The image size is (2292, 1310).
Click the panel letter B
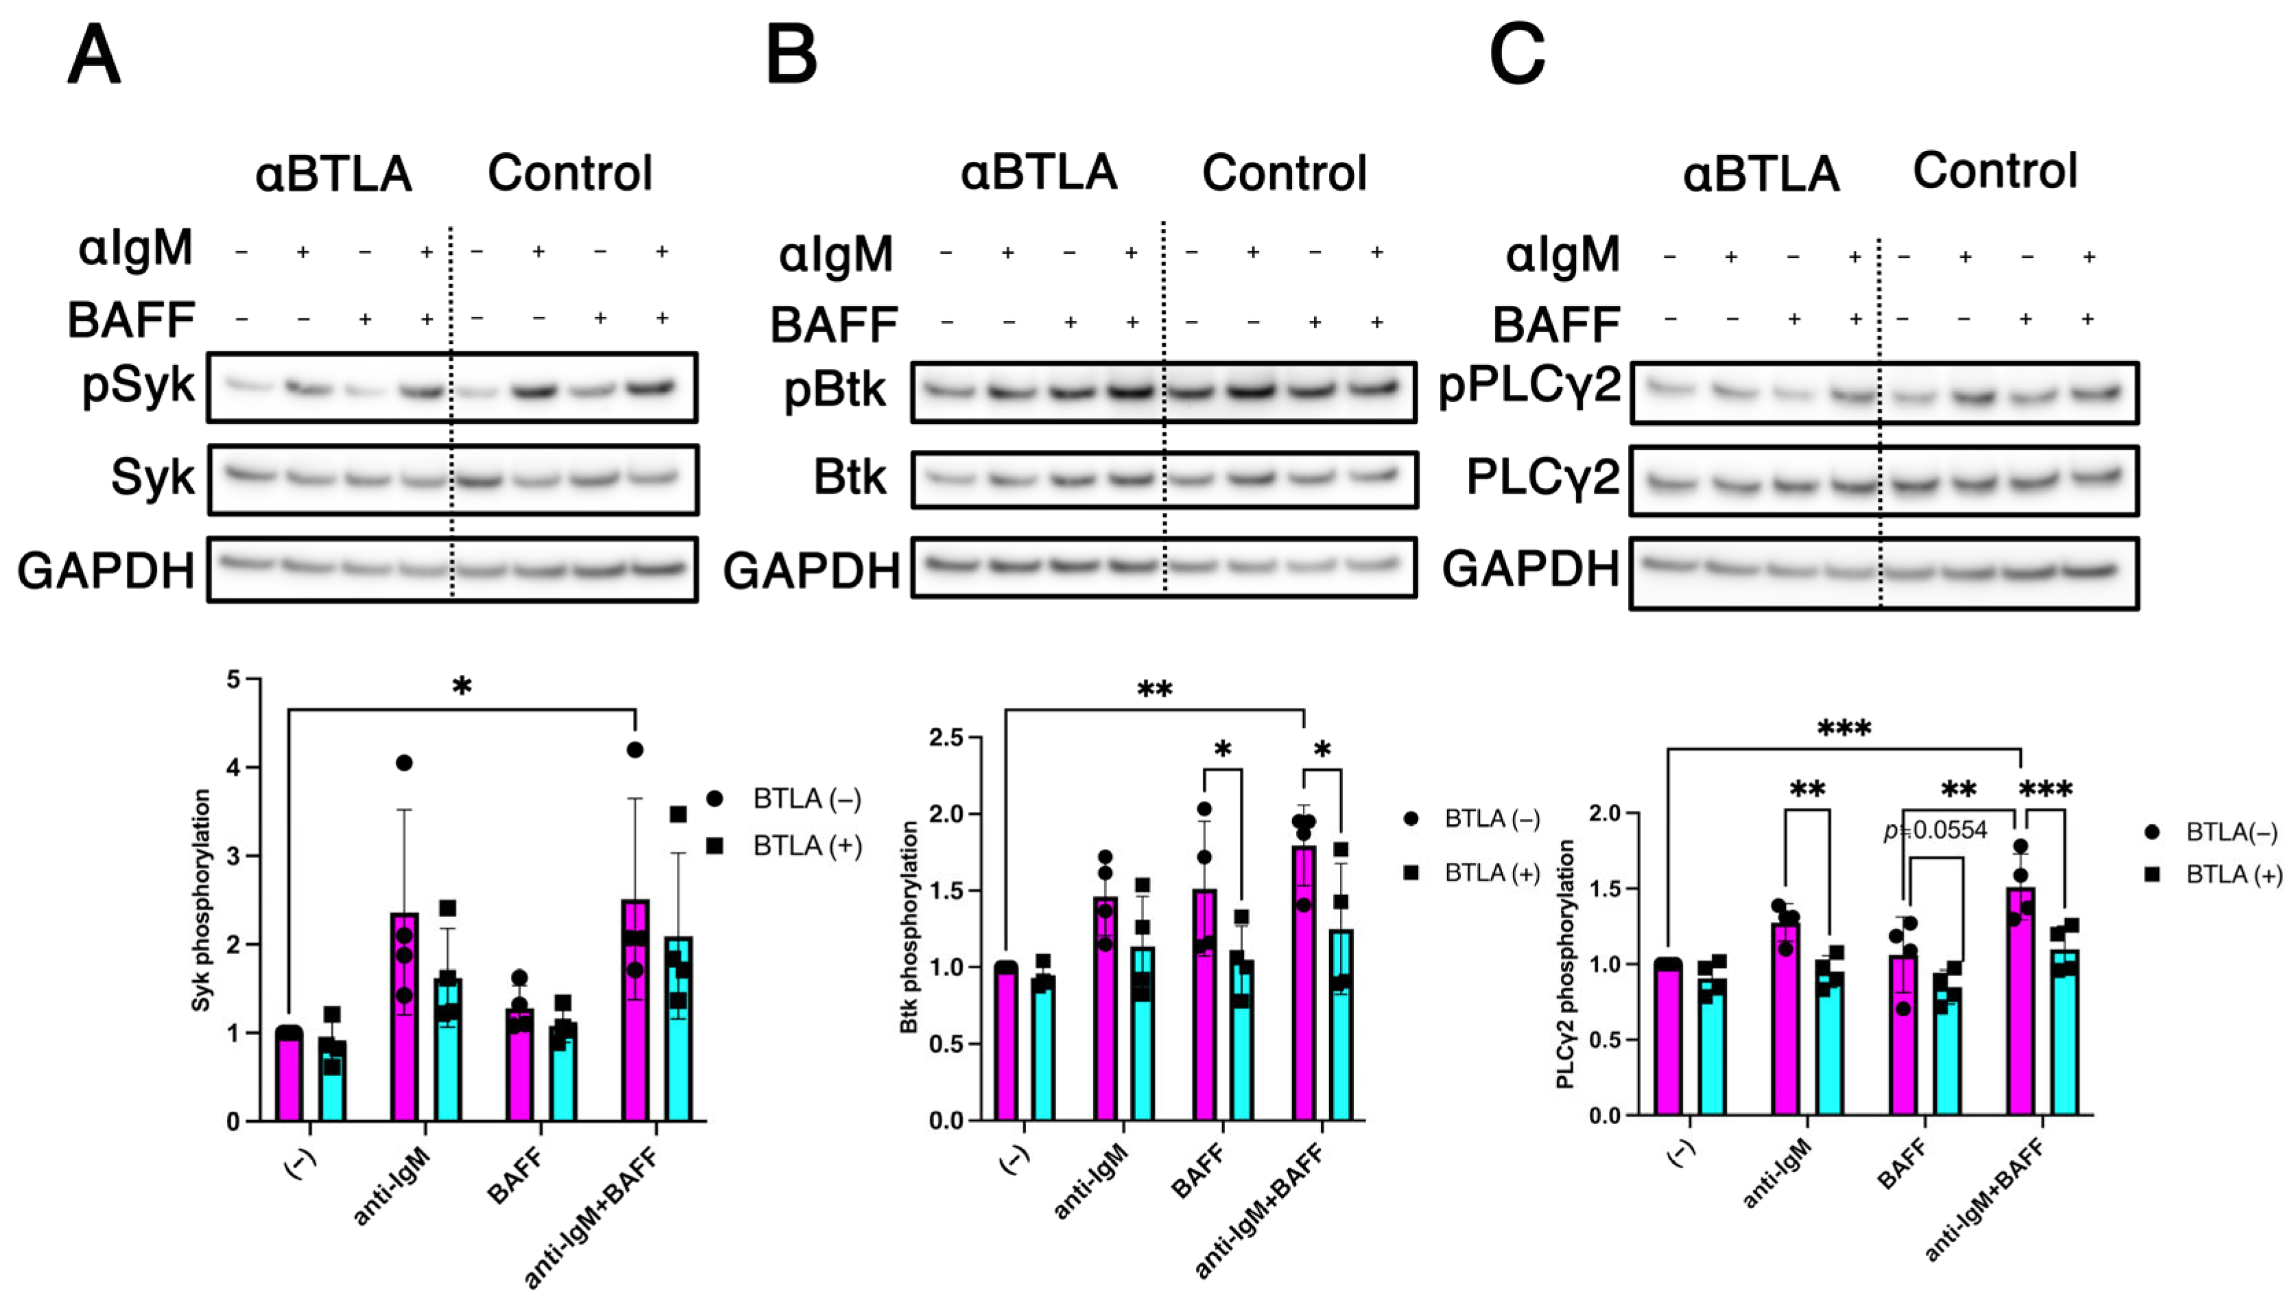pos(791,55)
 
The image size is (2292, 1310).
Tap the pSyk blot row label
pos(138,385)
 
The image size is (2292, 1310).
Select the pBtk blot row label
pos(835,390)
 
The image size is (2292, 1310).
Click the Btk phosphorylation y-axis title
pos(909,927)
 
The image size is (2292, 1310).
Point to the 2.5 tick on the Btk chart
pos(946,739)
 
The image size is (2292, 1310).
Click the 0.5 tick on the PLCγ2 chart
pos(1605,1040)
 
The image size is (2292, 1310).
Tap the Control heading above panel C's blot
pos(1994,171)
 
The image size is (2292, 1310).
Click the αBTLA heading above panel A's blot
pos(334,174)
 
